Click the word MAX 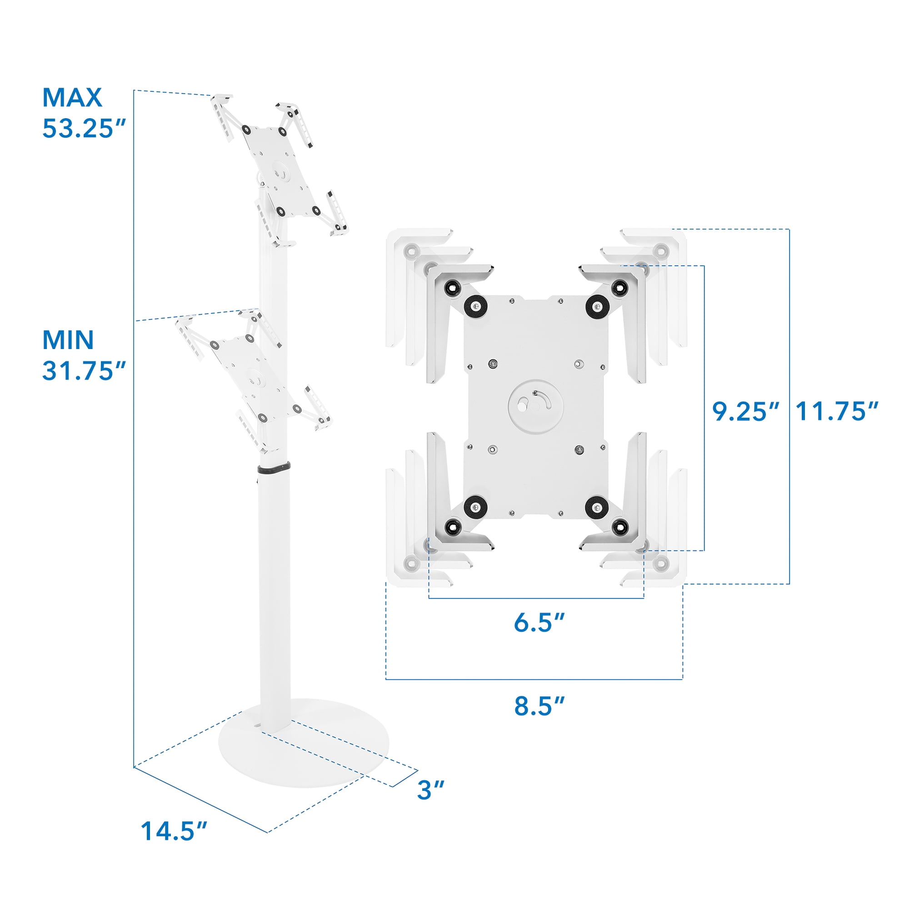click(72, 97)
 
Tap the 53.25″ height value click(85, 128)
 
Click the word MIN click(68, 340)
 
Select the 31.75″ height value click(85, 371)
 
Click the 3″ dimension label click(430, 790)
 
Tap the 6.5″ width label click(539, 622)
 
